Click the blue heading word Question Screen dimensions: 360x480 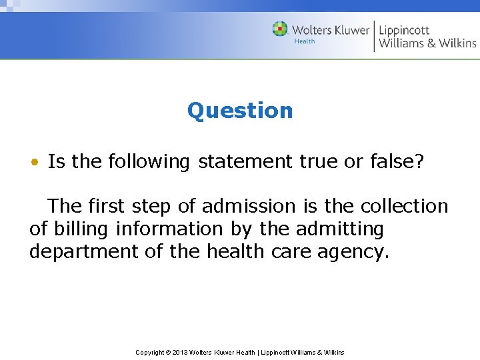click(x=240, y=110)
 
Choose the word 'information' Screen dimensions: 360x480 click(x=169, y=229)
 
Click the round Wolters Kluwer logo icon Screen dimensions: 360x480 click(x=280, y=29)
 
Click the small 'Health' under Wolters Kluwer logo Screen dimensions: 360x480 click(x=305, y=41)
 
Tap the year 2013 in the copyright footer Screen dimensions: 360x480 click(x=180, y=352)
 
